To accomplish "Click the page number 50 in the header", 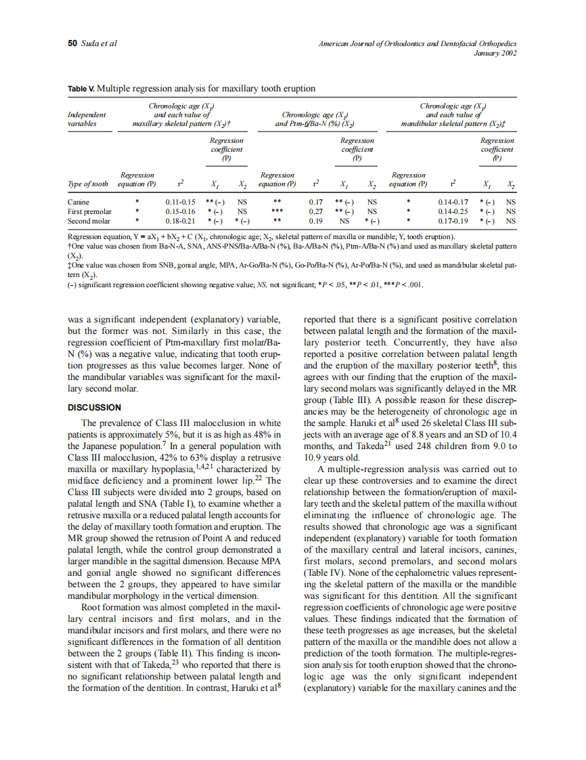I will (72, 43).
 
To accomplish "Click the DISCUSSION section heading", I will (95, 408).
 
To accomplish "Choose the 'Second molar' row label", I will (89, 221).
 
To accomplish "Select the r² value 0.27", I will (315, 211).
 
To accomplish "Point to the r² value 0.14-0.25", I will (453, 211).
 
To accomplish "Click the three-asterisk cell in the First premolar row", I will (277, 211).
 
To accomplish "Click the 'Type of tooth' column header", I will (88, 184).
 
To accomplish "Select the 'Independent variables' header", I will (87, 120).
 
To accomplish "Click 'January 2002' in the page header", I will (497, 54).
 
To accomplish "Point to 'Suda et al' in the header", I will (99, 43).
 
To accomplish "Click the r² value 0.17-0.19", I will (453, 221).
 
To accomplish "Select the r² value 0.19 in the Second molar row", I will (315, 221).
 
